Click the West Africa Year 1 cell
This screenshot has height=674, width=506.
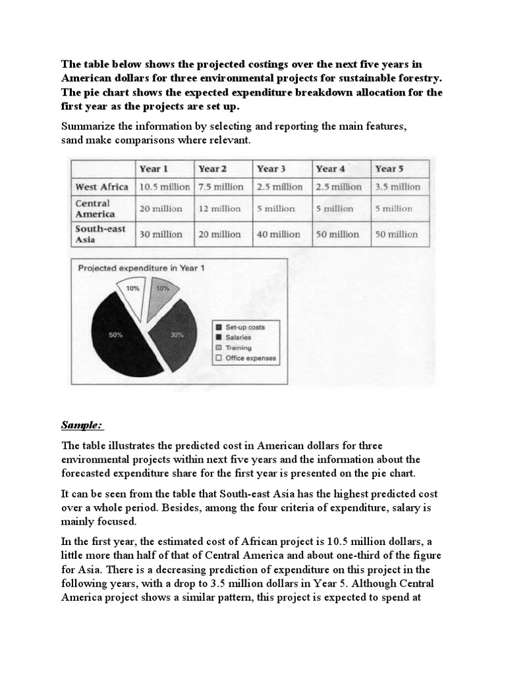(165, 187)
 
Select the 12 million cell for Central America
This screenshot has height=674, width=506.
(222, 209)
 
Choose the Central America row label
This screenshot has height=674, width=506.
(95, 209)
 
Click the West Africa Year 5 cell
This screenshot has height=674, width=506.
(397, 187)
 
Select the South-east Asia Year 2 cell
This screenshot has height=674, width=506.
(222, 234)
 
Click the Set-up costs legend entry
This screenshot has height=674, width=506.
(243, 326)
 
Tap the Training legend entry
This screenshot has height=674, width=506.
(238, 348)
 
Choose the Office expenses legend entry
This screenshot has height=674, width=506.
(246, 359)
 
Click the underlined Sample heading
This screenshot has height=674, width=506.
(82, 423)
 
